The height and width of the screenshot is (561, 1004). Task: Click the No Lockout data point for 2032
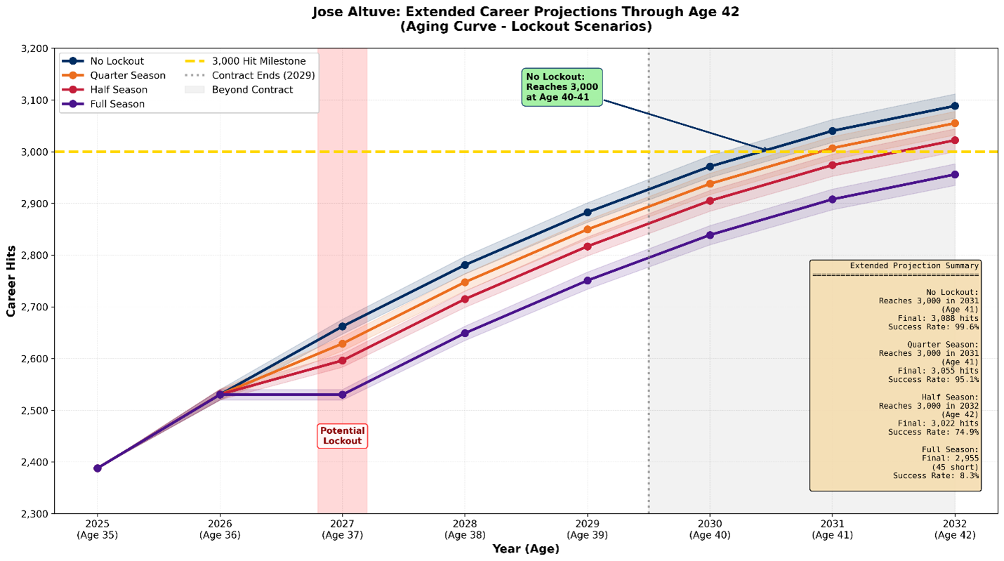(954, 106)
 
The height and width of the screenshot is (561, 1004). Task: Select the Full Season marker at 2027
(342, 395)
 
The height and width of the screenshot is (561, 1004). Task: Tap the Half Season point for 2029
(587, 246)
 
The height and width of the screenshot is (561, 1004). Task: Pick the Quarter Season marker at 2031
(832, 148)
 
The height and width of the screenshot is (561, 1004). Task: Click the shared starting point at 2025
(98, 468)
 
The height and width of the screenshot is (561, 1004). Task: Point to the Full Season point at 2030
(710, 235)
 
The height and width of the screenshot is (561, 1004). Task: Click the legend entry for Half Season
(118, 90)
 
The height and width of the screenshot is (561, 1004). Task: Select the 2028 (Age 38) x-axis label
(465, 529)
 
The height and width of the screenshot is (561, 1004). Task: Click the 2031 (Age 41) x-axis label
(832, 529)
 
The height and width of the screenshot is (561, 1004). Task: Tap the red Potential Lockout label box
(342, 436)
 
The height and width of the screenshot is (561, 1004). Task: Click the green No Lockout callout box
(562, 87)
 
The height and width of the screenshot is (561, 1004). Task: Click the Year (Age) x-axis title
(525, 549)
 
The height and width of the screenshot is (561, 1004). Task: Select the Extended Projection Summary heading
(913, 266)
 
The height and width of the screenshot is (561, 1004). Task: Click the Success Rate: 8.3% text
(935, 476)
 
